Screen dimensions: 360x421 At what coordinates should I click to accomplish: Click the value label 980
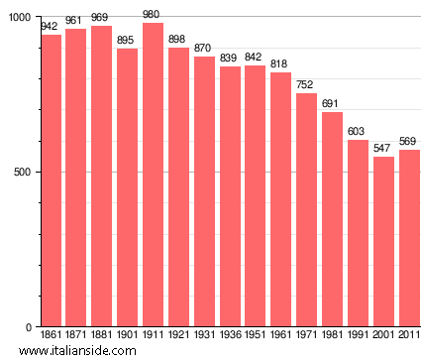153,14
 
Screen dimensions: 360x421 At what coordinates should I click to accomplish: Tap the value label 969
101,18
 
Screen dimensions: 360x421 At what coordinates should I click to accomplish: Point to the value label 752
306,85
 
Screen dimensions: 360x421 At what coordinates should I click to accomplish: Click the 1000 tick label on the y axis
19,18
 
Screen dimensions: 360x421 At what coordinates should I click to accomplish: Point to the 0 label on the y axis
28,327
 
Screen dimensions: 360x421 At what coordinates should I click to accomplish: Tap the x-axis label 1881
101,336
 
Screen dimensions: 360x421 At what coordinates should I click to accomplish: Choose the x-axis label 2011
408,336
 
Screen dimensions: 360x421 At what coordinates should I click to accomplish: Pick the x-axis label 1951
255,336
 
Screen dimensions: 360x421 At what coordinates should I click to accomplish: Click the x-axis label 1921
178,336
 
